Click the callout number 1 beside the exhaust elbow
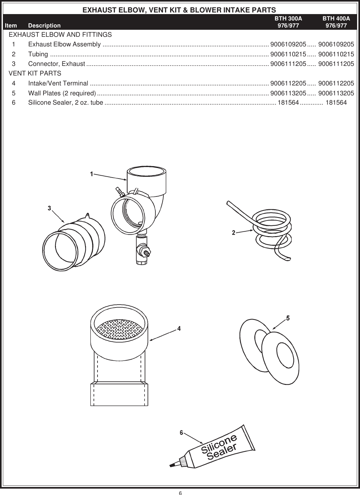[x=91, y=174]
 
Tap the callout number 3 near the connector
[x=50, y=208]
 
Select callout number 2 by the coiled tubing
[x=234, y=233]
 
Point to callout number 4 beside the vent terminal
[x=179, y=328]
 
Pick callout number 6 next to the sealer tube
[x=181, y=433]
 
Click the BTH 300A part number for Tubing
[x=288, y=54]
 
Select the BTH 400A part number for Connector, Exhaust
[x=336, y=64]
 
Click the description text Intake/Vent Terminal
[x=58, y=84]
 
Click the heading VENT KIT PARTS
[x=35, y=73]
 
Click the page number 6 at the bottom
[x=180, y=492]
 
